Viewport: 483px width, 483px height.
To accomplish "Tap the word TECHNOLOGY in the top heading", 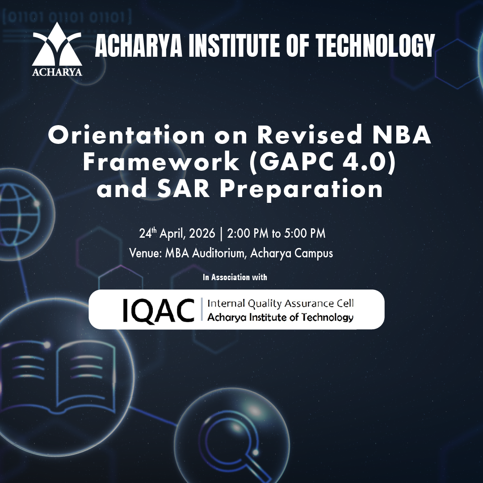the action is point(376,46).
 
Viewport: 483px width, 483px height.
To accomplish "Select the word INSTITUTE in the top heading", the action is point(234,46).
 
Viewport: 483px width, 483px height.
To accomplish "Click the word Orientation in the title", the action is point(126,135).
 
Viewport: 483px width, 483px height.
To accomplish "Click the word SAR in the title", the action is point(183,189).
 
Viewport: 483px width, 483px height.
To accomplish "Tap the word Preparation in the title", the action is point(301,189).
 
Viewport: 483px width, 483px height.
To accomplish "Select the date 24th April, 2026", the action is point(177,234).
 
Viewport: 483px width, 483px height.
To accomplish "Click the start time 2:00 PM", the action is point(248,234).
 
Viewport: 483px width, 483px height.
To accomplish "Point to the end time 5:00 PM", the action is point(305,234).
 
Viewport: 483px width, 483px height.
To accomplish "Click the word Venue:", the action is point(146,253).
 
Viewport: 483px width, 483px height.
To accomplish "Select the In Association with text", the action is point(235,277).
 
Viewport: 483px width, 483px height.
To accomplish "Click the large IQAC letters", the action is point(159,311).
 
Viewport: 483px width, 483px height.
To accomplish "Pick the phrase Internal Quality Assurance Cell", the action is point(280,303).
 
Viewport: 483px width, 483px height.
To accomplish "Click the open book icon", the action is point(59,374).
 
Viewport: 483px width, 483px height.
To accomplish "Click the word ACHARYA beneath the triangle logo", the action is point(57,72).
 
